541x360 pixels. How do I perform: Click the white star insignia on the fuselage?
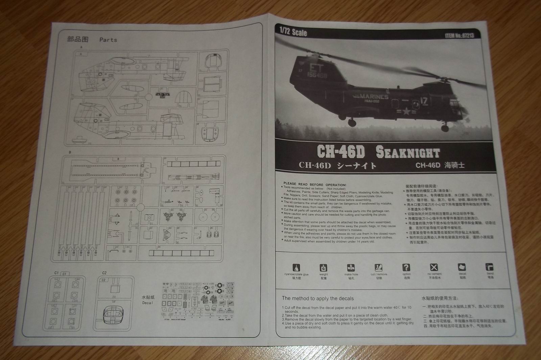[x=405, y=111]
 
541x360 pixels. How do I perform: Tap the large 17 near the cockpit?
[x=424, y=100]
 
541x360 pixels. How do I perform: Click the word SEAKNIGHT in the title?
[x=407, y=152]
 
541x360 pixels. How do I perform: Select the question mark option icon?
[x=406, y=267]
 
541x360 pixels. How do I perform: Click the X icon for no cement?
[x=434, y=267]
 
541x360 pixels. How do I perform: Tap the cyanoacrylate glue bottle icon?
[x=296, y=267]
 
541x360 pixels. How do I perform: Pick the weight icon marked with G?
[x=324, y=268]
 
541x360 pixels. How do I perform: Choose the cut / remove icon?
[x=378, y=267]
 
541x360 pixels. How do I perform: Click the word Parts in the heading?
[x=108, y=40]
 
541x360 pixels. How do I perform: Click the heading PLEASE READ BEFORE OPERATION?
[x=314, y=185]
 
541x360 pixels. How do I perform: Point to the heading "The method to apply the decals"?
[x=317, y=298]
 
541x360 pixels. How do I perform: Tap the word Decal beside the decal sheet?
[x=147, y=303]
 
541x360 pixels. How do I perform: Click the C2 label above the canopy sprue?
[x=104, y=273]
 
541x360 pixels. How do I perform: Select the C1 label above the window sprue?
[x=56, y=273]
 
